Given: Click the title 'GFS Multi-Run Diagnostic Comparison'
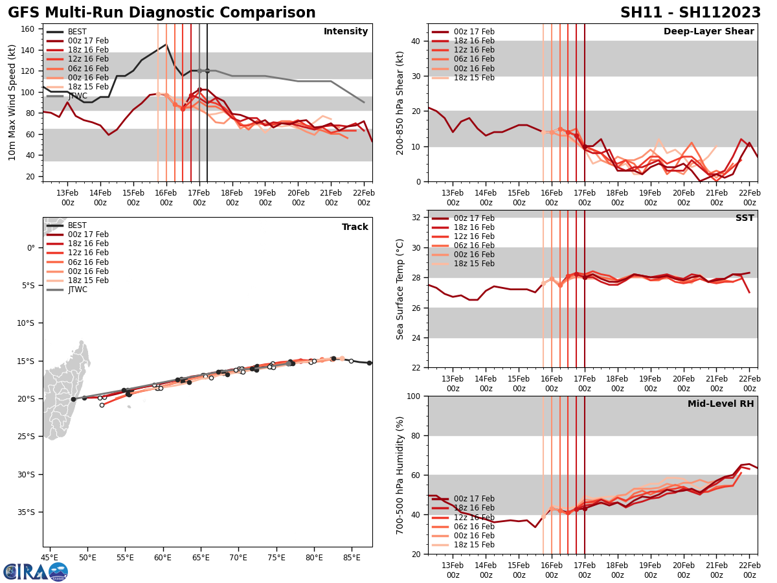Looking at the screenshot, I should coord(161,13).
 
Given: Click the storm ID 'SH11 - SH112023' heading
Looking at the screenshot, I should coord(690,13).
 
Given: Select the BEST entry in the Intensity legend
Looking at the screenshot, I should coord(76,32).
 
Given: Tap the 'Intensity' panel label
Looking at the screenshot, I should coord(345,32).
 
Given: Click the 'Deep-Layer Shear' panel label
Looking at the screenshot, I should coord(708,32).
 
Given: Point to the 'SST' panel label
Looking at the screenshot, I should coord(744,218).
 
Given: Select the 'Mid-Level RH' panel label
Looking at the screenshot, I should coord(720,404).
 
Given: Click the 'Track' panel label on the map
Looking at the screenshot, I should coord(355,227).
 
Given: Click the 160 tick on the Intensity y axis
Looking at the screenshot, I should coord(29,29).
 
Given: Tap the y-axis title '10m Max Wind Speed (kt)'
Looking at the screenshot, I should coord(12,102).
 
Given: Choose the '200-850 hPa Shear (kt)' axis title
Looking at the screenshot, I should coord(400,102).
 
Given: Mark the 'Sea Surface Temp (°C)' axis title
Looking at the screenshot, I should coord(400,289).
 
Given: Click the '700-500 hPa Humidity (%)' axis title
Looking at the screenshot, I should coord(400,475).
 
